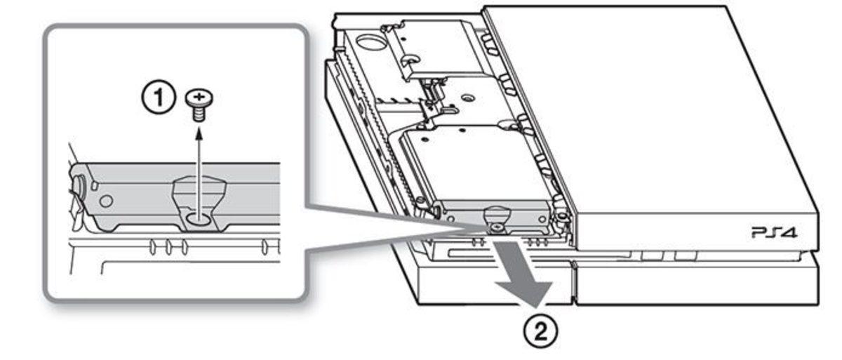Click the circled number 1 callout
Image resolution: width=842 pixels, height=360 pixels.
tap(159, 97)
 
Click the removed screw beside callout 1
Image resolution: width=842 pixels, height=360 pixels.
tap(199, 105)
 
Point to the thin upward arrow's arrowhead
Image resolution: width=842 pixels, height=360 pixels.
tap(199, 133)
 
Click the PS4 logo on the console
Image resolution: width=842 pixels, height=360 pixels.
tap(775, 232)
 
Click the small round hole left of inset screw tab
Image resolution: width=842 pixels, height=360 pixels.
tap(107, 201)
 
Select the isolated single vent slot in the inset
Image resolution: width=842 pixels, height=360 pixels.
tap(265, 247)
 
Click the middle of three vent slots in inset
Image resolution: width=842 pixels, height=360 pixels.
tap(169, 247)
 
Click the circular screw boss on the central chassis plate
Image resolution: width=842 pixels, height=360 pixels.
tap(467, 98)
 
